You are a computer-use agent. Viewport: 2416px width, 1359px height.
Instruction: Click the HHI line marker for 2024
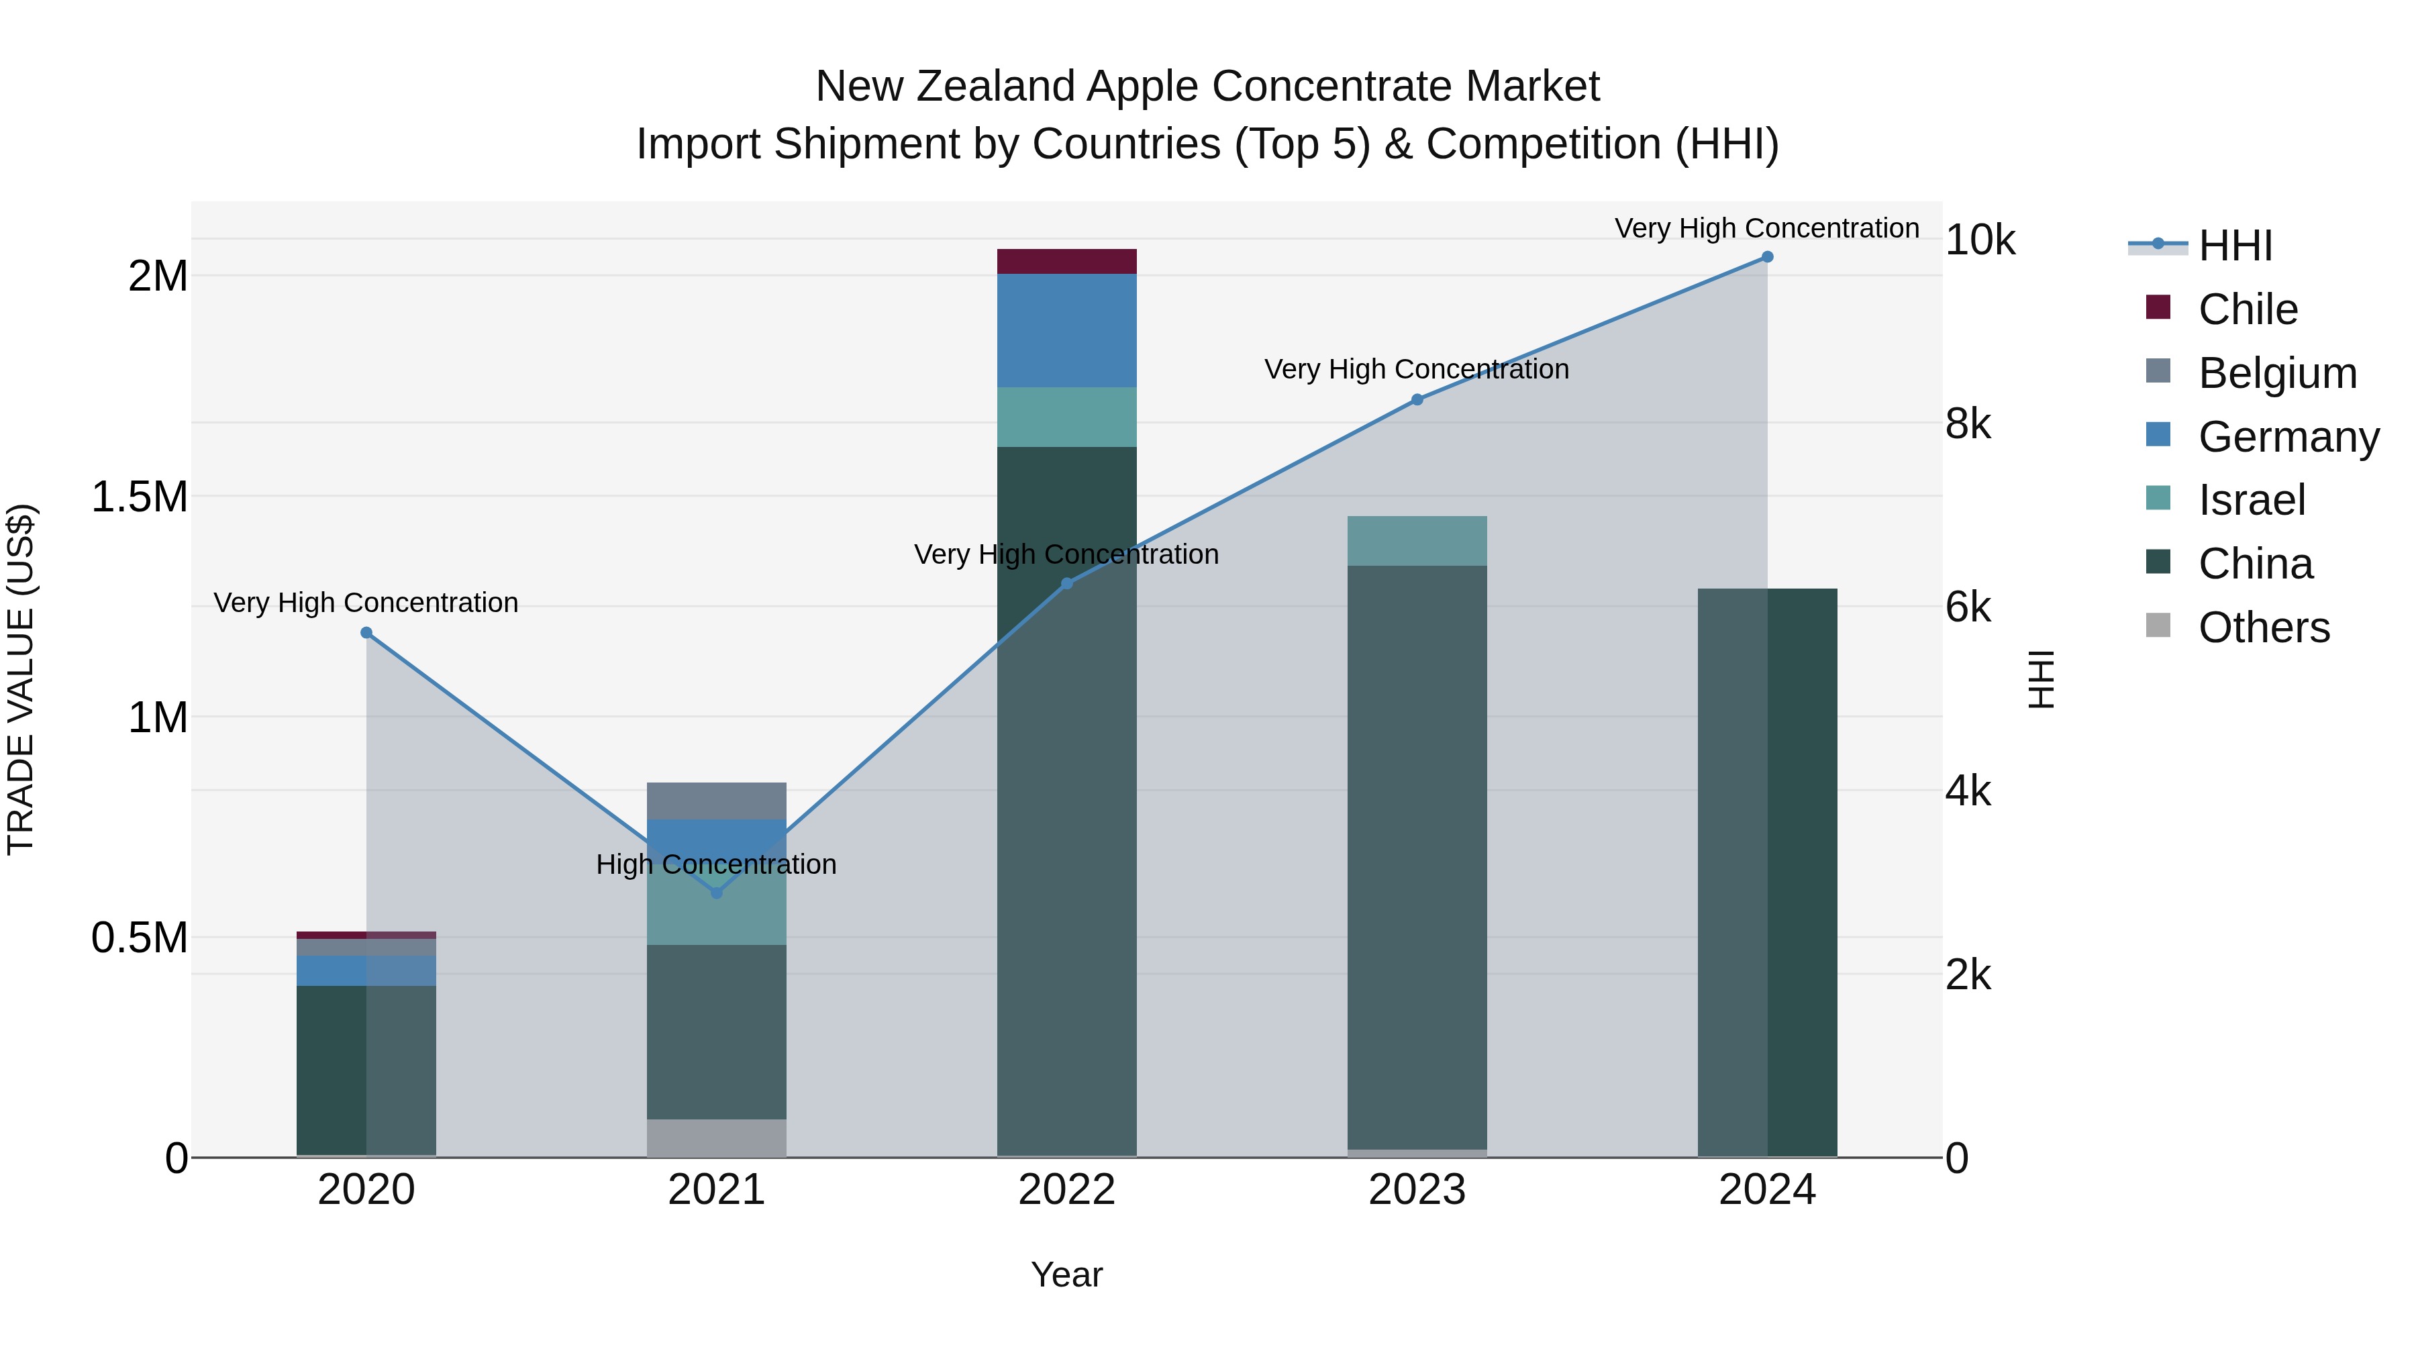pyautogui.click(x=1767, y=257)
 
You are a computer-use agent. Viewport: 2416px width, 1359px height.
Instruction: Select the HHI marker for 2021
pyautogui.click(x=717, y=893)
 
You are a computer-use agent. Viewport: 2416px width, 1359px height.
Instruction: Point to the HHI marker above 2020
pyautogui.click(x=366, y=633)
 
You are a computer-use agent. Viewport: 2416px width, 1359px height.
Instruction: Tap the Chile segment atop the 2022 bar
pyautogui.click(x=1066, y=262)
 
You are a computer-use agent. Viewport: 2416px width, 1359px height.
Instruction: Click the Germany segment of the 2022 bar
pyautogui.click(x=1066, y=330)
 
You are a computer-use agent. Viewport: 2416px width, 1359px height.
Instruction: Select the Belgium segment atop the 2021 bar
pyautogui.click(x=717, y=801)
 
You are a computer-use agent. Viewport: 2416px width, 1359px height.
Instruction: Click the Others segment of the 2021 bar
pyautogui.click(x=717, y=1138)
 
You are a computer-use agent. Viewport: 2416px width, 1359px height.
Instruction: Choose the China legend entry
pyautogui.click(x=2255, y=564)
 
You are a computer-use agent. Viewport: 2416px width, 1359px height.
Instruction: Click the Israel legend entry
pyautogui.click(x=2251, y=500)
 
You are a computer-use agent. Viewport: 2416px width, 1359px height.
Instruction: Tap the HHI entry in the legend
pyautogui.click(x=2234, y=246)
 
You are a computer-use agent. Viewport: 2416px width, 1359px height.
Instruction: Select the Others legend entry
pyautogui.click(x=2263, y=627)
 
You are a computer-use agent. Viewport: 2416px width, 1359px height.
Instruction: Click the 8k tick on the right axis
pyautogui.click(x=1967, y=424)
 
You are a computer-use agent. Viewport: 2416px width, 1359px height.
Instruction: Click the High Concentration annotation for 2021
pyautogui.click(x=717, y=864)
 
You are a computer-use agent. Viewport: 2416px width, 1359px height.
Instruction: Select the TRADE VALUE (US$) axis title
pyautogui.click(x=21, y=679)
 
